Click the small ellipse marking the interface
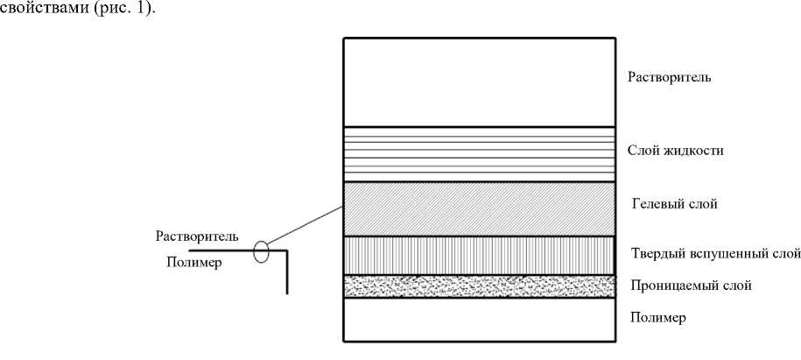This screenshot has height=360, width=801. pos(260,252)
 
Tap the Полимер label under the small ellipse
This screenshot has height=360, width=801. pos(192,263)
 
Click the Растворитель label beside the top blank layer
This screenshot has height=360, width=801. pos(670,77)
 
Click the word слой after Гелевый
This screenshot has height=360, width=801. pos(703,205)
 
